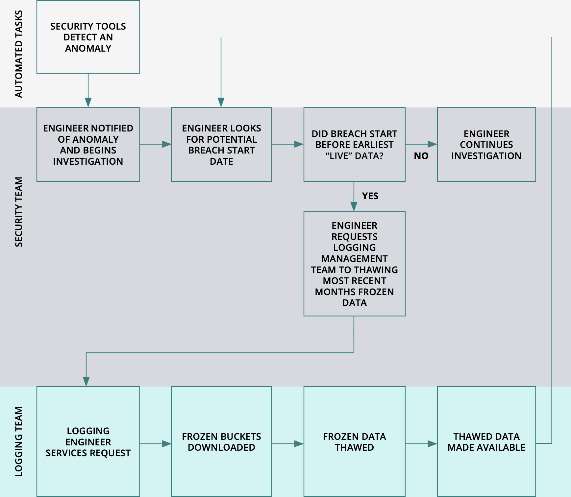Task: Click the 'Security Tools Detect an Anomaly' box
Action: [x=88, y=37]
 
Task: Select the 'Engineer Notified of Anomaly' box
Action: [x=88, y=144]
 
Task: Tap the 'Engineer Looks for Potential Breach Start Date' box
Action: [x=221, y=144]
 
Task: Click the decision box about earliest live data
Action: [x=354, y=144]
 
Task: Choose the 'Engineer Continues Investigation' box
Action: [x=486, y=144]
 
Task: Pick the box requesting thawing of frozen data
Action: [x=354, y=264]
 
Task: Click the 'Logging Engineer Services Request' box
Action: [x=88, y=441]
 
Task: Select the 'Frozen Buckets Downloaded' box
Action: [x=221, y=441]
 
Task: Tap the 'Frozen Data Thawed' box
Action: [x=354, y=441]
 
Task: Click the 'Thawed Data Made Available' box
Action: [x=486, y=441]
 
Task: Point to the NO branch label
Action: [x=421, y=156]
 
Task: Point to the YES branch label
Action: [x=370, y=196]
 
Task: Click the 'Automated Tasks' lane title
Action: [x=19, y=54]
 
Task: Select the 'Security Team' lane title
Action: [x=19, y=212]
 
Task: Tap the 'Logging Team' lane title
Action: [x=19, y=441]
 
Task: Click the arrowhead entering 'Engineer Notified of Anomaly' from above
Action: [x=88, y=102]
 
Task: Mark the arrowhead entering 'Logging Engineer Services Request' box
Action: [x=86, y=381]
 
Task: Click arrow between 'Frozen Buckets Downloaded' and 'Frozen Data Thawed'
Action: [x=288, y=444]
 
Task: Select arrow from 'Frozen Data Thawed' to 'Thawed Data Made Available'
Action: [x=421, y=444]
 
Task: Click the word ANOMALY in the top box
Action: [x=88, y=48]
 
